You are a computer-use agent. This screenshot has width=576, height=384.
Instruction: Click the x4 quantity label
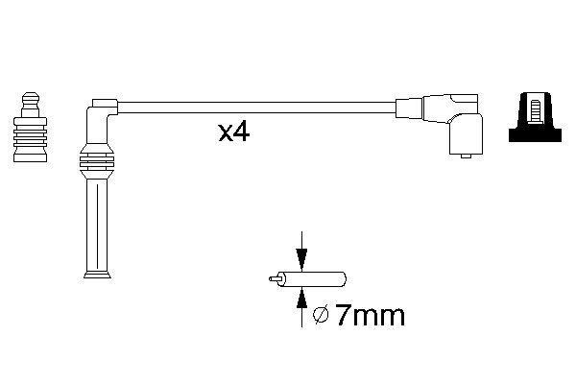click(233, 132)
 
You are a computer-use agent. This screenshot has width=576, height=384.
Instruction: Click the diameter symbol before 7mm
click(323, 314)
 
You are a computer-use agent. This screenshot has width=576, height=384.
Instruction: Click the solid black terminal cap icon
click(539, 120)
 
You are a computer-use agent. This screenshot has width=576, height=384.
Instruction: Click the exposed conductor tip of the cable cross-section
click(273, 278)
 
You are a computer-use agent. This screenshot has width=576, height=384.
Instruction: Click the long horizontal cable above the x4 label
click(250, 106)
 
